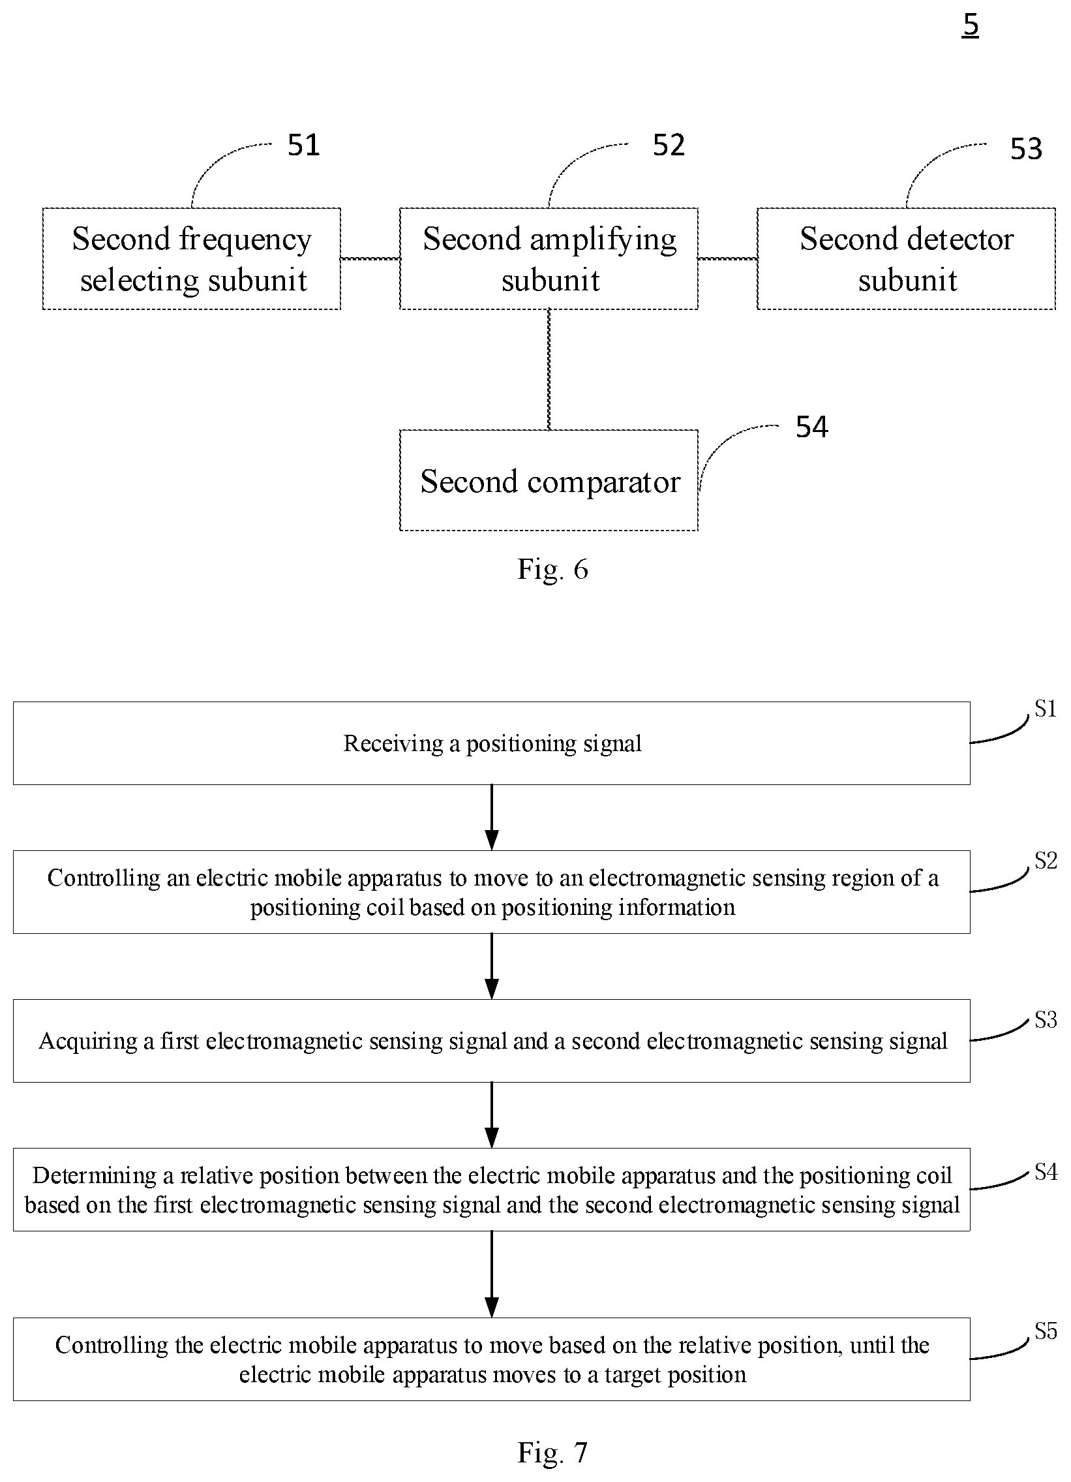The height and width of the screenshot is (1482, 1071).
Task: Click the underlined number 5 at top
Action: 971,25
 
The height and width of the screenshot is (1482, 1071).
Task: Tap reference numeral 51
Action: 304,145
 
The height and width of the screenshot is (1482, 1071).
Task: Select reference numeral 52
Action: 669,145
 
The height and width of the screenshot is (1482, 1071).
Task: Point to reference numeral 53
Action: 1026,149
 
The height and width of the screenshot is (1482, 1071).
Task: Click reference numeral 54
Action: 812,427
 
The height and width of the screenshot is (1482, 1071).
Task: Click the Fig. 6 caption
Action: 552,569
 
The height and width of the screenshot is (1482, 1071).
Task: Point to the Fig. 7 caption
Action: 552,1453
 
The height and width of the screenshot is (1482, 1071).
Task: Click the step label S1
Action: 1046,708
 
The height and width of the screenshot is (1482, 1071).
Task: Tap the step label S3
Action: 1046,1020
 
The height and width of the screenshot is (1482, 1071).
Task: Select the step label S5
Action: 1046,1331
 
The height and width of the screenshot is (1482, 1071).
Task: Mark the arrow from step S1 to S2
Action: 492,818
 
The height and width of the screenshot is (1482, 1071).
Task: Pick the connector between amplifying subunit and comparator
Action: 549,369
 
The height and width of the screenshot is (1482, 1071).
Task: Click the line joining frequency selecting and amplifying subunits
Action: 370,259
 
